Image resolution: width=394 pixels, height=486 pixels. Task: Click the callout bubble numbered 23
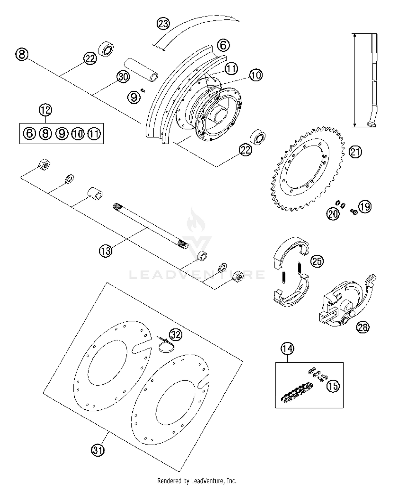click(x=163, y=24)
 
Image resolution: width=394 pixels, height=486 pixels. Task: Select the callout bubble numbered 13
click(x=106, y=251)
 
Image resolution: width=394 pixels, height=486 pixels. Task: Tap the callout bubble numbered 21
click(x=355, y=152)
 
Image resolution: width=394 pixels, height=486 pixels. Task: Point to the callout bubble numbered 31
click(x=98, y=450)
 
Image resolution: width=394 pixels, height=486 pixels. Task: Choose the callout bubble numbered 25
click(x=317, y=261)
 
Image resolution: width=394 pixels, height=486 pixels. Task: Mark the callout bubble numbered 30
click(x=123, y=77)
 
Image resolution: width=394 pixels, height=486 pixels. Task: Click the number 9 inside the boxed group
click(x=62, y=134)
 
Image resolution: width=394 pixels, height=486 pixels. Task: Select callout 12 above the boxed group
click(x=45, y=110)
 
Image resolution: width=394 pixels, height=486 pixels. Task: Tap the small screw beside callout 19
click(x=353, y=211)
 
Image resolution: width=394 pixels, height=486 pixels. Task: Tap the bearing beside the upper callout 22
click(x=106, y=49)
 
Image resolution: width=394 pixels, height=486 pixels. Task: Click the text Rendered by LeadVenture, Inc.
click(x=197, y=481)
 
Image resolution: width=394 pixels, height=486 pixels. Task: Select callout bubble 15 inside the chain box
click(x=333, y=386)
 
